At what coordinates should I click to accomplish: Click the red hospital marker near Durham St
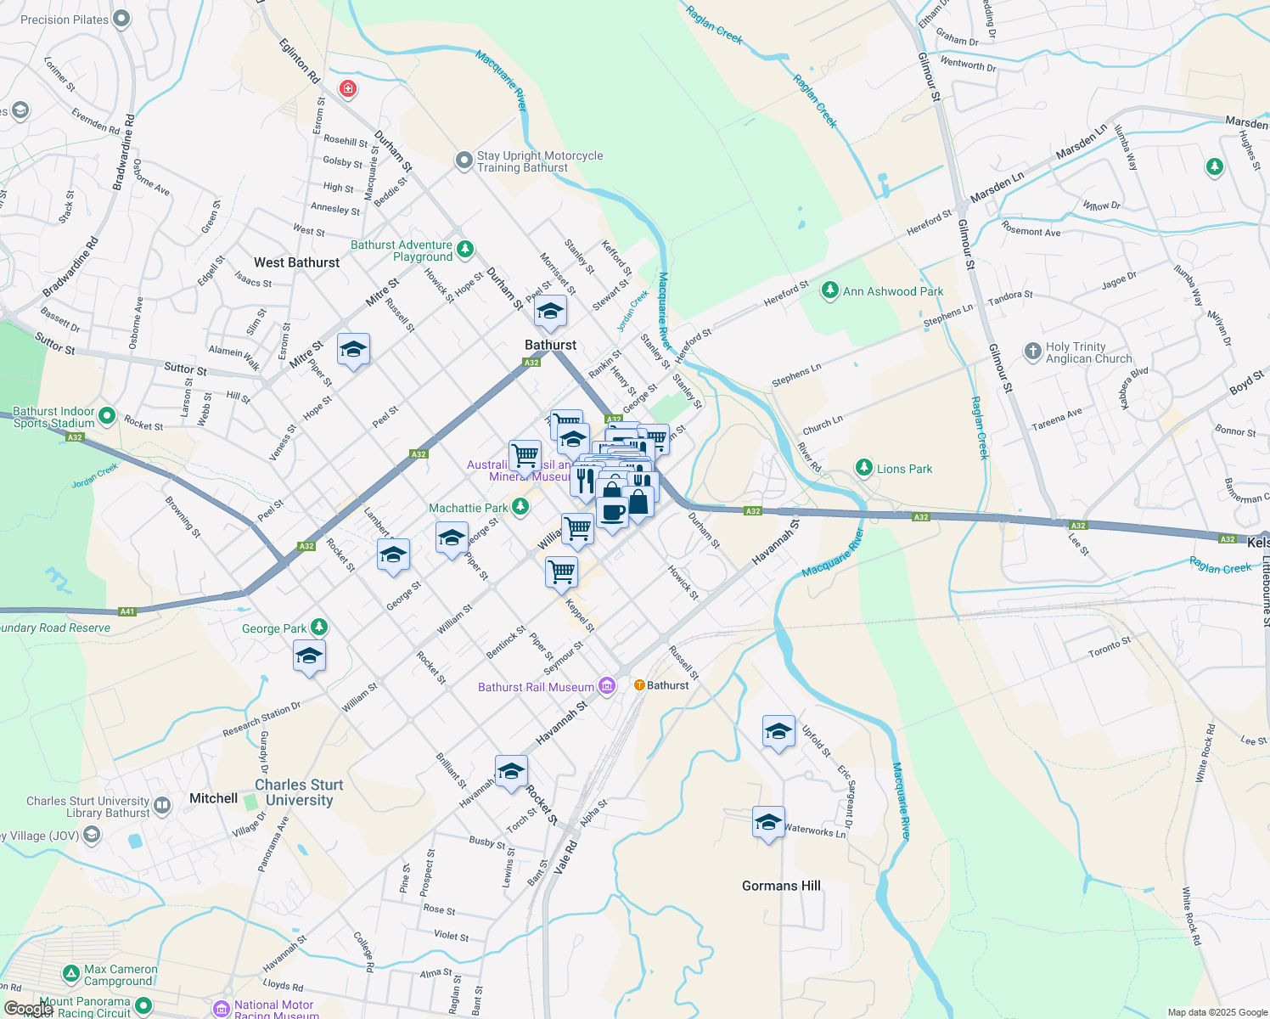[x=347, y=89]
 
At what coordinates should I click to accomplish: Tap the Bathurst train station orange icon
[x=639, y=685]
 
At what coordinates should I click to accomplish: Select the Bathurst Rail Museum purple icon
[x=606, y=686]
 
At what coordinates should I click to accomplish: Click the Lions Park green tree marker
[x=863, y=468]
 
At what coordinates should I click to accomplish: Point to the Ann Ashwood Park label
[x=893, y=291]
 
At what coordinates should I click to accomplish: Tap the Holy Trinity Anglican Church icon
[x=1032, y=351]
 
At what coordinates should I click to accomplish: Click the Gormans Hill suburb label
[x=781, y=886]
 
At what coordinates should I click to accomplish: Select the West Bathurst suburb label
[x=297, y=262]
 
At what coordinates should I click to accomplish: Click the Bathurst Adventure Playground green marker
[x=464, y=249]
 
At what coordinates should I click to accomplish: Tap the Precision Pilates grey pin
[x=121, y=19]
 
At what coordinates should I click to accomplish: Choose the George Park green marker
[x=318, y=628]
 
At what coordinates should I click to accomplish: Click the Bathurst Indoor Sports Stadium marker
[x=107, y=416]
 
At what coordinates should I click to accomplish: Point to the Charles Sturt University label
[x=299, y=792]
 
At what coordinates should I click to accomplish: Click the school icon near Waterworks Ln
[x=768, y=822]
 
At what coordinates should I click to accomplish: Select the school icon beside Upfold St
[x=778, y=731]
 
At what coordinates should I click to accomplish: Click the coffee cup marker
[x=612, y=513]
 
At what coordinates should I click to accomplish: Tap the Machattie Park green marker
[x=520, y=508]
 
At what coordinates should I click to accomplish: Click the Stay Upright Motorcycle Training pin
[x=464, y=160]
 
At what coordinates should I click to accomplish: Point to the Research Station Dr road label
[x=261, y=719]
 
